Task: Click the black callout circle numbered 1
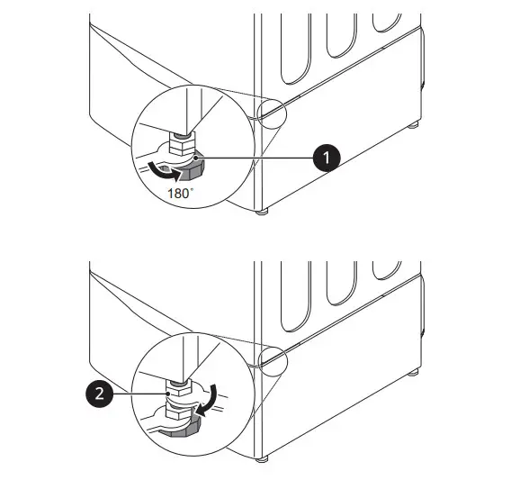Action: pyautogui.click(x=325, y=158)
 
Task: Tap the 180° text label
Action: pyautogui.click(x=184, y=191)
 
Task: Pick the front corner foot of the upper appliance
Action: pyautogui.click(x=262, y=213)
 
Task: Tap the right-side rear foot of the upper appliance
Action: pyautogui.click(x=412, y=124)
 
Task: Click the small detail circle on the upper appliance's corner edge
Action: pyautogui.click(x=270, y=112)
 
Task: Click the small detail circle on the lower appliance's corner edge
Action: pyautogui.click(x=270, y=359)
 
